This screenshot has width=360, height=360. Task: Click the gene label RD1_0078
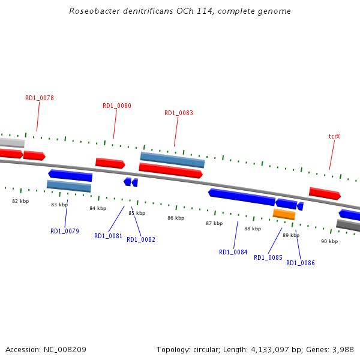40,98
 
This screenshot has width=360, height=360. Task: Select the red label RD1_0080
117,106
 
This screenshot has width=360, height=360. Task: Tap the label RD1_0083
179,113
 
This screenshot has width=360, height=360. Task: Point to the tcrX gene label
334,136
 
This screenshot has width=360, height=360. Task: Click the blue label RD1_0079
65,231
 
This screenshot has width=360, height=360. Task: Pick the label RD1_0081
109,236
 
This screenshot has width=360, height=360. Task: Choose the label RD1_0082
141,239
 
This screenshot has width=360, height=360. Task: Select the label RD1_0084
233,252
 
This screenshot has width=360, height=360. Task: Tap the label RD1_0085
268,257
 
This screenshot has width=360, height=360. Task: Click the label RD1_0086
301,263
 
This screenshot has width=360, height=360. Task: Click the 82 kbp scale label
20,201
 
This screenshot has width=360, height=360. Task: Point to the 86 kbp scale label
176,218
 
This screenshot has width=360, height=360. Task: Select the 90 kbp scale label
329,241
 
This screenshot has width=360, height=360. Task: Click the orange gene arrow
284,214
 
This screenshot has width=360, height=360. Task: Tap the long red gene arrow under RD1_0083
171,170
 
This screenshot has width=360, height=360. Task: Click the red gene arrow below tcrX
325,193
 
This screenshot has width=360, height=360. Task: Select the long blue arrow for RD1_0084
242,196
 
